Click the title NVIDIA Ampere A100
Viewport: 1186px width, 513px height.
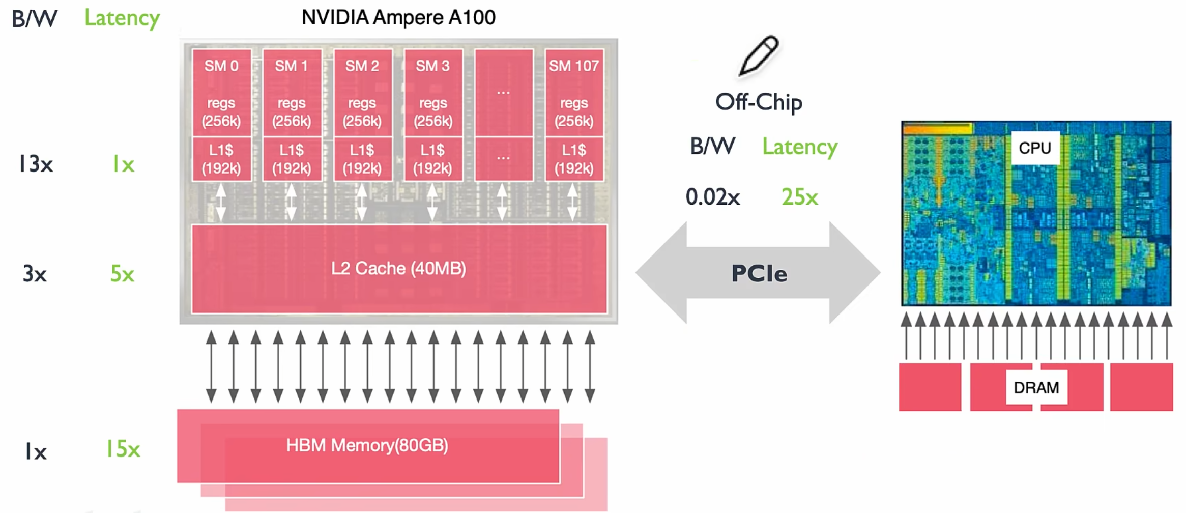click(398, 18)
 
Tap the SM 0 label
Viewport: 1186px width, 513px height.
click(221, 66)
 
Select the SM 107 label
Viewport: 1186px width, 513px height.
click(573, 66)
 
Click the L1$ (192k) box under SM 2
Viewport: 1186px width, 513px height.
click(362, 159)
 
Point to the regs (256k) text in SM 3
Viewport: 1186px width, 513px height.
click(432, 112)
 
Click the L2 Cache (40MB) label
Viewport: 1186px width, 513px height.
click(398, 268)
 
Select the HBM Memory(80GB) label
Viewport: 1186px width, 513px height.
click(367, 445)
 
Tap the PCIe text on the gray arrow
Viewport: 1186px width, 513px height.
click(759, 274)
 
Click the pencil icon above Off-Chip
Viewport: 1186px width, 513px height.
click(758, 56)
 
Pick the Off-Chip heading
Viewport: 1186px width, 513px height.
click(759, 102)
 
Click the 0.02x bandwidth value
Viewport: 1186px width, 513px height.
click(712, 197)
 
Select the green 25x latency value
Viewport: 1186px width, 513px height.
click(799, 197)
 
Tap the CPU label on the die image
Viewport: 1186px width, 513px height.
click(1034, 148)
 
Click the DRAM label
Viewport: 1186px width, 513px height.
click(1036, 388)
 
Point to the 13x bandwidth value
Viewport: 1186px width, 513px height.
click(35, 164)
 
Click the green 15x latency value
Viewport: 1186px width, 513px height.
click(123, 449)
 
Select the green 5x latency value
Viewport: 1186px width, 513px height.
click(122, 274)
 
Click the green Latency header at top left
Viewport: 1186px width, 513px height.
click(122, 18)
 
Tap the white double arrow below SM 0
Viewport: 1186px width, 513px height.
click(221, 202)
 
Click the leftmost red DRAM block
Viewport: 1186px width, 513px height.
click(930, 387)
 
